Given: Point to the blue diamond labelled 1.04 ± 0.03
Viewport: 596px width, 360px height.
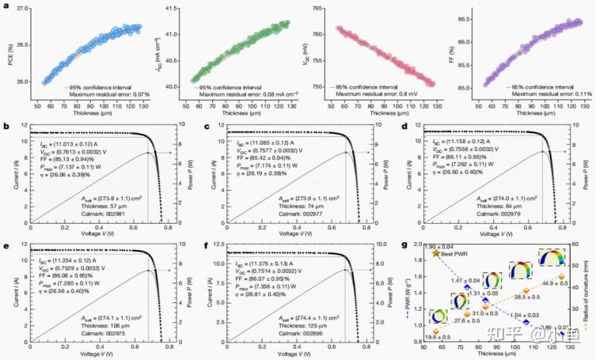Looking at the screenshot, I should pos(526,321).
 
